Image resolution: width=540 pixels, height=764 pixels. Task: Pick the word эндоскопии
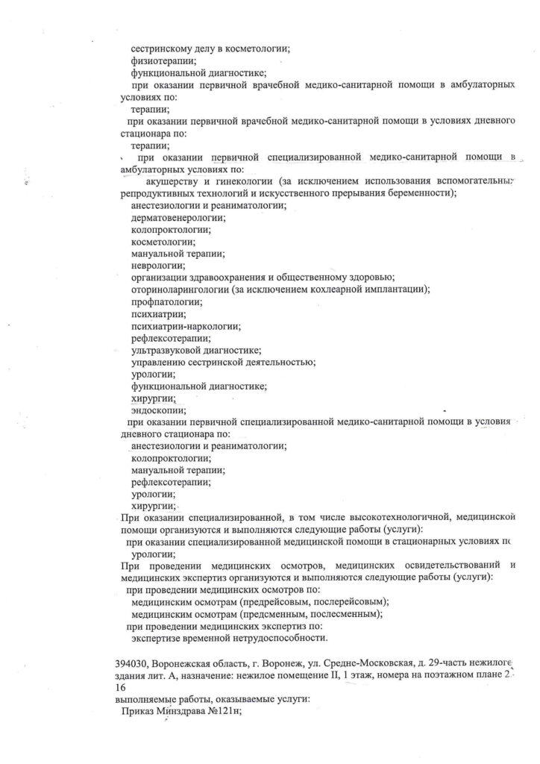(158, 409)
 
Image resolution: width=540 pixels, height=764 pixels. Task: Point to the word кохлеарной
(339, 289)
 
